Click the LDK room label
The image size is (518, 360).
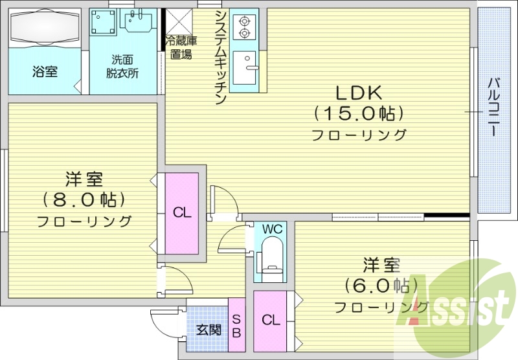click(x=359, y=93)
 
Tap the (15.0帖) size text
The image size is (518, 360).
click(x=359, y=114)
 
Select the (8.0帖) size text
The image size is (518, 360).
click(x=84, y=198)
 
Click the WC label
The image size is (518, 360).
click(x=273, y=229)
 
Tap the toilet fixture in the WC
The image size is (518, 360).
click(x=271, y=256)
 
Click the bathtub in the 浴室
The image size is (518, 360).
click(x=44, y=29)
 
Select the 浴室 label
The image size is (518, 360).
click(x=44, y=71)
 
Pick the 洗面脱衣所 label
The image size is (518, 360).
click(x=122, y=67)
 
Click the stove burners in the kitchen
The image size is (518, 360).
click(x=245, y=26)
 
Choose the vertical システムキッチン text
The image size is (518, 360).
click(x=220, y=57)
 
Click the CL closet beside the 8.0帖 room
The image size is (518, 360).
click(x=181, y=212)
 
